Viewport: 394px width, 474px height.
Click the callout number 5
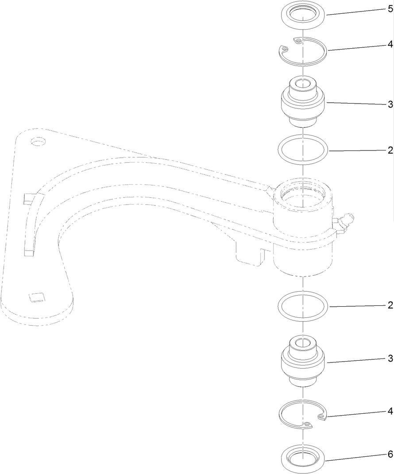(x=390, y=9)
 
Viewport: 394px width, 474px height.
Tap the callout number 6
(x=390, y=455)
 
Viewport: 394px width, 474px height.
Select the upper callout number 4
(x=390, y=44)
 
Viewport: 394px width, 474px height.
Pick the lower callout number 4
(x=390, y=411)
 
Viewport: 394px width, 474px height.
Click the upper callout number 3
(x=390, y=105)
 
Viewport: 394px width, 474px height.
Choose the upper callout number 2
(x=390, y=150)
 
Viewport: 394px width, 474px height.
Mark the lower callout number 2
(x=390, y=305)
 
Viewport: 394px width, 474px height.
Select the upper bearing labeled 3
(x=303, y=102)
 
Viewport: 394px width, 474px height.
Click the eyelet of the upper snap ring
(x=298, y=41)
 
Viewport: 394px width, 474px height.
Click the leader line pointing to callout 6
(x=354, y=458)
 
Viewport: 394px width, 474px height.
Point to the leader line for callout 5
(x=354, y=12)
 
